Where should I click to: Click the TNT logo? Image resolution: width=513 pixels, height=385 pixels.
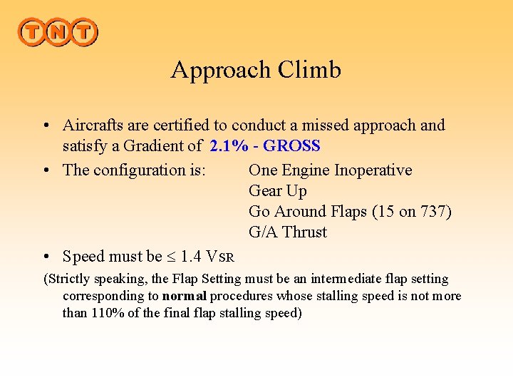click(x=58, y=32)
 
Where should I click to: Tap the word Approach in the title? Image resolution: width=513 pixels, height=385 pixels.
click(x=221, y=70)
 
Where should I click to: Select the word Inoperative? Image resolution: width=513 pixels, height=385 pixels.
click(x=373, y=170)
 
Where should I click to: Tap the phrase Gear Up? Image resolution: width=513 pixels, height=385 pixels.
click(x=277, y=191)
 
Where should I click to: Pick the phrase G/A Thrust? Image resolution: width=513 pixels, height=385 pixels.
click(x=287, y=232)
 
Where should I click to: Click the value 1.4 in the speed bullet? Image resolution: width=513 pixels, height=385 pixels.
click(x=191, y=257)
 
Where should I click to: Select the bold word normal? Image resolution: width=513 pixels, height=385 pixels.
click(x=185, y=296)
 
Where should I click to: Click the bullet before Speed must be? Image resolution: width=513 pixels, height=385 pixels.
click(x=45, y=257)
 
